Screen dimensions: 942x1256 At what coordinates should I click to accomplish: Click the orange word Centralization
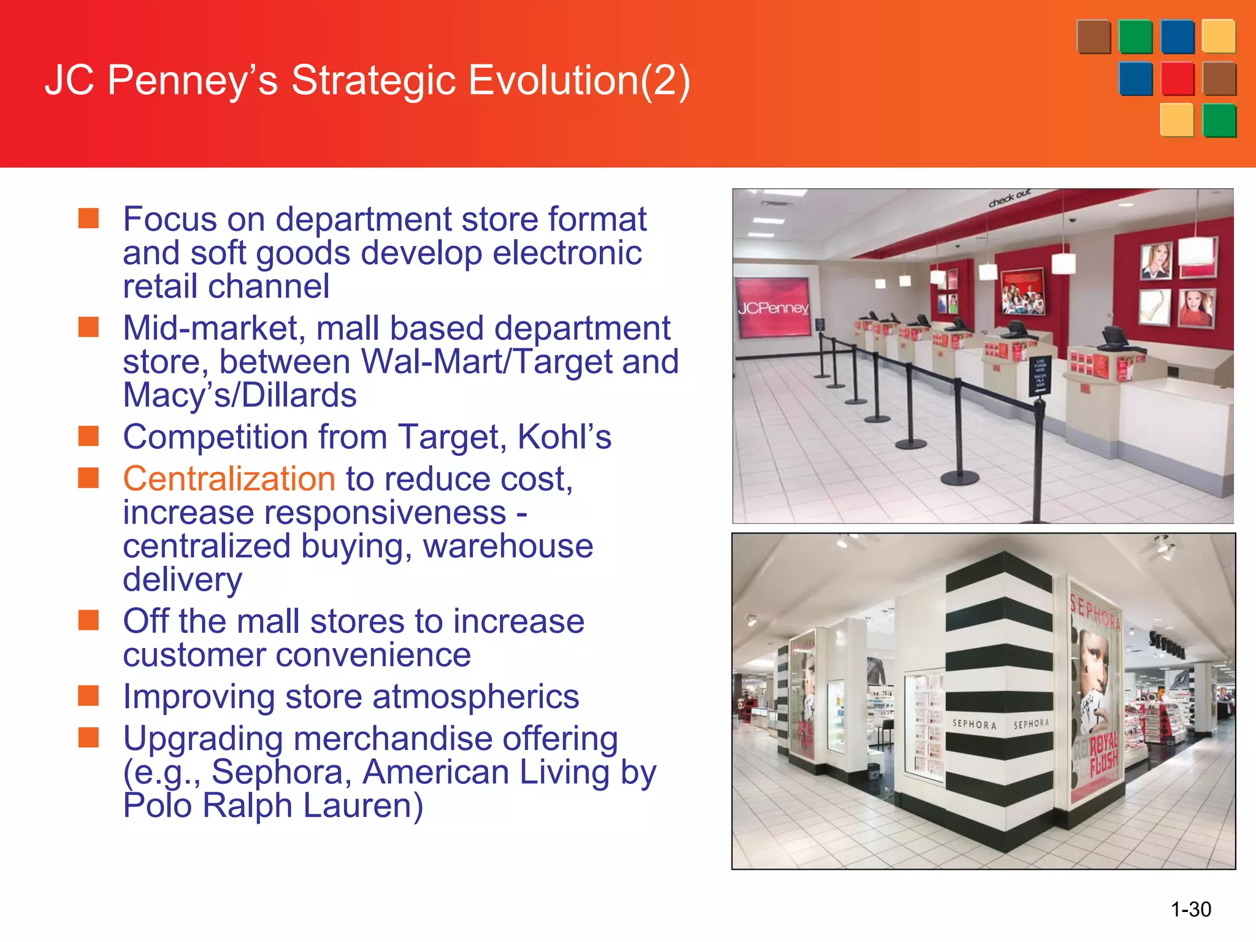click(x=229, y=479)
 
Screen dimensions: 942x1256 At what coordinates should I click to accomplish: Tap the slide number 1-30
click(x=1190, y=909)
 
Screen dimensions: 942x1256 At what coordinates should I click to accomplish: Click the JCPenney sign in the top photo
click(x=773, y=307)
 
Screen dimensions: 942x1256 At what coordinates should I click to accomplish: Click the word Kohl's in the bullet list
click(x=564, y=437)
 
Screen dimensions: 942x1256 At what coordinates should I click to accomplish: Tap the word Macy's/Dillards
click(x=240, y=396)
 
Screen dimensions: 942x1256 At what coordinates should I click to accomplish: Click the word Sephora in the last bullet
click(x=281, y=772)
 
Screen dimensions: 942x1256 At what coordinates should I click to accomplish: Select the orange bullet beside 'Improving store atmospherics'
click(x=89, y=696)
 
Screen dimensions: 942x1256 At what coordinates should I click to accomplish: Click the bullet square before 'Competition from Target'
click(x=89, y=436)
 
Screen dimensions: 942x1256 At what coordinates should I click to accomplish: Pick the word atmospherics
click(x=475, y=697)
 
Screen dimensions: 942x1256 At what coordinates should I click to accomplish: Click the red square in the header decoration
click(x=1177, y=79)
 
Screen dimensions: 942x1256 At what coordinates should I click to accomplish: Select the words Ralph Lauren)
click(x=313, y=806)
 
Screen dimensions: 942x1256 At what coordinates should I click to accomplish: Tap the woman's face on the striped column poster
click(x=1094, y=662)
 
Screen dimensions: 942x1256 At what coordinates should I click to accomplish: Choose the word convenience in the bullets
click(x=297, y=655)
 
